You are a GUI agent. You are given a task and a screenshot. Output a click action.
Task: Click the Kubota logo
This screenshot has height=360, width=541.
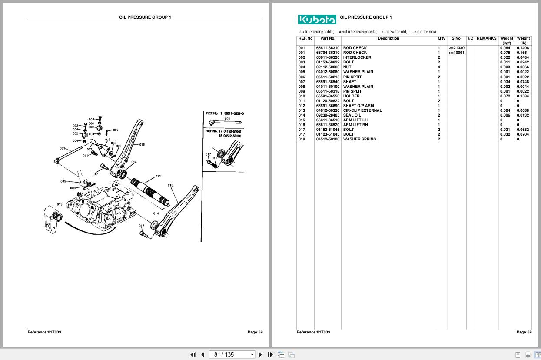coord(317,20)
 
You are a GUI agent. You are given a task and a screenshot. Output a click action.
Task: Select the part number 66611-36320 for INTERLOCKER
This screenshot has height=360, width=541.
coord(328,57)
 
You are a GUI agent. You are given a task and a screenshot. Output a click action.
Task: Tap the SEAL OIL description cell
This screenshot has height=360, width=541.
coord(352,115)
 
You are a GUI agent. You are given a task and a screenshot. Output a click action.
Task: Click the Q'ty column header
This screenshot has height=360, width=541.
coord(441,38)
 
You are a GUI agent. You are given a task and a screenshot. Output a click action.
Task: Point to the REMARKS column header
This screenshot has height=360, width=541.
coord(486,38)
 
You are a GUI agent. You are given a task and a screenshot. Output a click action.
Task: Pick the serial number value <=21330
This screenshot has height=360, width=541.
coord(456,48)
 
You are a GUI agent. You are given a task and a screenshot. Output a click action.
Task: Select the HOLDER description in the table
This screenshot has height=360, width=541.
coord(351,96)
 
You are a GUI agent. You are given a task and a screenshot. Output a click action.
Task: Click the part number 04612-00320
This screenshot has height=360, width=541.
coord(328,110)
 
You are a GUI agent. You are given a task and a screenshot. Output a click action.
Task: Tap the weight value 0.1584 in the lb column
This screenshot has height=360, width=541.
coord(523,96)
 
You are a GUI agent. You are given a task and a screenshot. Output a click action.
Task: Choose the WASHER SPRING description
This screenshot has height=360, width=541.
coord(359,139)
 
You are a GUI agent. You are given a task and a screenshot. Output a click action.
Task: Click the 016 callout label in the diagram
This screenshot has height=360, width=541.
coord(142,144)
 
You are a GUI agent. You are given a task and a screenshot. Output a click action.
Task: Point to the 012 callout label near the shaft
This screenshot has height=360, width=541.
coord(158,176)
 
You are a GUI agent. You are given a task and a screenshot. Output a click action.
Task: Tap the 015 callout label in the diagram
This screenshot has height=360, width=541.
coord(170,185)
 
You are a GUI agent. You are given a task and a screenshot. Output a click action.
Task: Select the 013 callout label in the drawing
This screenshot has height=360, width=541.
coord(60,204)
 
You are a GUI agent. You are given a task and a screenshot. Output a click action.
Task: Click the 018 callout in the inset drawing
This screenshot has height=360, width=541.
coord(214,158)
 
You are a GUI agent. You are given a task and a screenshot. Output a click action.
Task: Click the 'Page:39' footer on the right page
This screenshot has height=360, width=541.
coord(524,332)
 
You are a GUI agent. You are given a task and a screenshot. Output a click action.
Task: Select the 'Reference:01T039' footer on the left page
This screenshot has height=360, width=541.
coord(44,332)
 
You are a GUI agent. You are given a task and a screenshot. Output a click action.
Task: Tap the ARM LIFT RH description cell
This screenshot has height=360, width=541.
coord(355,125)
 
